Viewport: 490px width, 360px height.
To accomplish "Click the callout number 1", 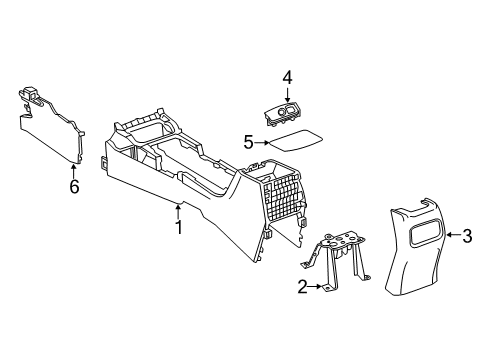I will (x=180, y=227).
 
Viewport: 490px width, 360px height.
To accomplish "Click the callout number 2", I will (x=301, y=287).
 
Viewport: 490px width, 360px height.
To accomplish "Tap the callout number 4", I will (x=286, y=76).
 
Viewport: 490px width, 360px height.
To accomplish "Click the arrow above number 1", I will (x=180, y=208).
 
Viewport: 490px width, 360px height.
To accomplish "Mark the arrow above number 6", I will (x=72, y=167).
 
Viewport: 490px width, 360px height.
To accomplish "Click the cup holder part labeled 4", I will (x=287, y=113).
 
